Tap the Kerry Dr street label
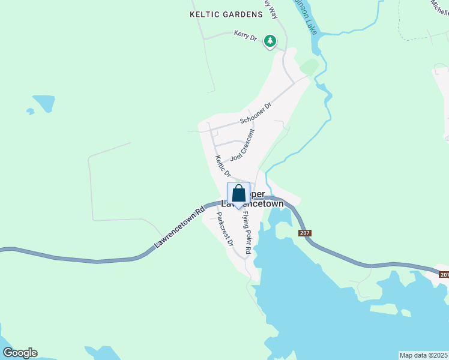[246, 36]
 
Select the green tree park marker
[271, 41]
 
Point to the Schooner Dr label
[256, 113]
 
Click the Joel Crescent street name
[243, 145]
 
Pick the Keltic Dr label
[223, 166]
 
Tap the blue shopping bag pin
[238, 194]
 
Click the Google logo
[20, 353]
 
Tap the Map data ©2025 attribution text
[423, 355]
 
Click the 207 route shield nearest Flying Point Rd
[304, 233]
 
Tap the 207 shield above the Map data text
[444, 274]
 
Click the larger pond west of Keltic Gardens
[44, 103]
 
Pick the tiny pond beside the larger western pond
[30, 111]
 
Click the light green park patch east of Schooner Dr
[309, 66]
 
